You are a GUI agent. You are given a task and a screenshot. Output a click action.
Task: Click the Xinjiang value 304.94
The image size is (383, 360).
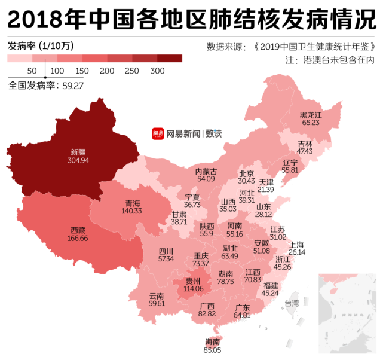click(79, 160)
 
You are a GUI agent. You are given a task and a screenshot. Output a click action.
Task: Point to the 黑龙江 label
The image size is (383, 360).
click(311, 114)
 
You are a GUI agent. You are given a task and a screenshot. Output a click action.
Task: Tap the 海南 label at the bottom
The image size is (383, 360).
click(212, 342)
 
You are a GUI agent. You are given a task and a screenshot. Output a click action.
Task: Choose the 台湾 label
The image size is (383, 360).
click(291, 303)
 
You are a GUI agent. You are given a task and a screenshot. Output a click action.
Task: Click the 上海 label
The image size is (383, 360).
click(296, 245)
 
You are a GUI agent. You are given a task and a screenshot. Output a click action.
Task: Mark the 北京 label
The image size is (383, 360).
click(247, 173)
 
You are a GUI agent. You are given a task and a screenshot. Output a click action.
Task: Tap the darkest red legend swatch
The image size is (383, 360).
click(170, 59)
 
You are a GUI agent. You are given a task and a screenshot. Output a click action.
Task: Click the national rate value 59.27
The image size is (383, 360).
click(72, 86)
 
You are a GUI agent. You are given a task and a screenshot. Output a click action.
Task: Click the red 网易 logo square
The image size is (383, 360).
click(158, 134)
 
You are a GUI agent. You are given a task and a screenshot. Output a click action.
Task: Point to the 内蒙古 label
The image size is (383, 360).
click(206, 172)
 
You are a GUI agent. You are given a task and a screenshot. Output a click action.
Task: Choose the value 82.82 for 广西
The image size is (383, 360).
click(207, 313)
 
